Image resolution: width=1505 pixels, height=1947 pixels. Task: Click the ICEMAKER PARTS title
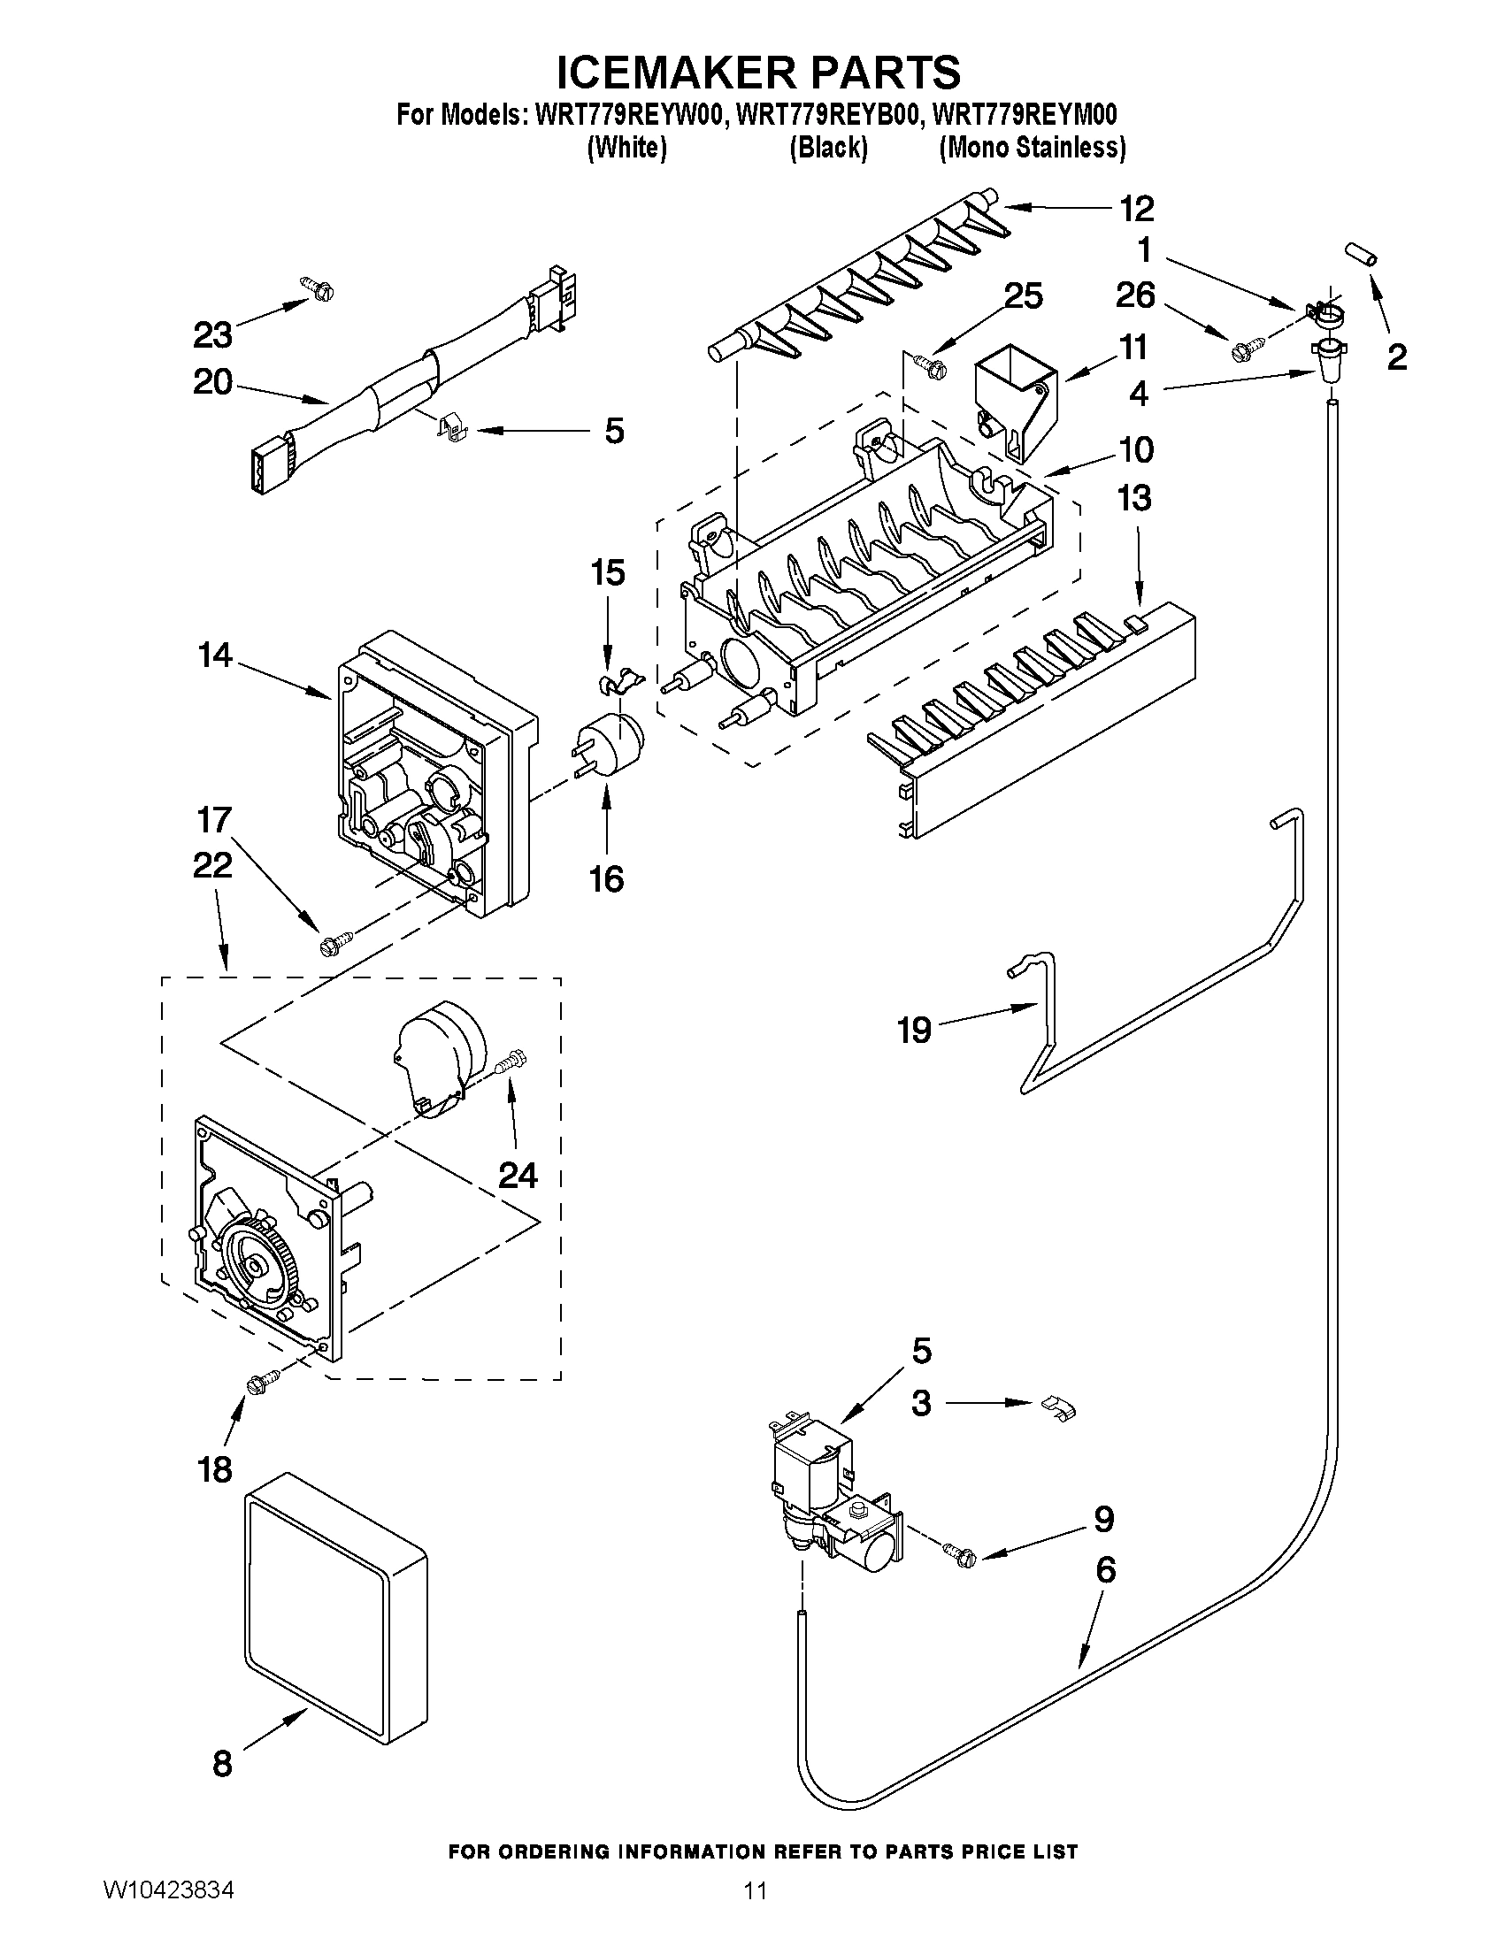(759, 71)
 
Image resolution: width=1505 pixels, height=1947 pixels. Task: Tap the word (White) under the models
(626, 147)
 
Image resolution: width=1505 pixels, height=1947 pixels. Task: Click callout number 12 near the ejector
(1136, 209)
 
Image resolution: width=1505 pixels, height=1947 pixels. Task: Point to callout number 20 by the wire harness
(212, 382)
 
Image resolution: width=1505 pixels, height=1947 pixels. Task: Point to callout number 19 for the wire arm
(915, 1030)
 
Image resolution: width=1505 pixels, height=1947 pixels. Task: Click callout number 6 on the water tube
(1105, 1570)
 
